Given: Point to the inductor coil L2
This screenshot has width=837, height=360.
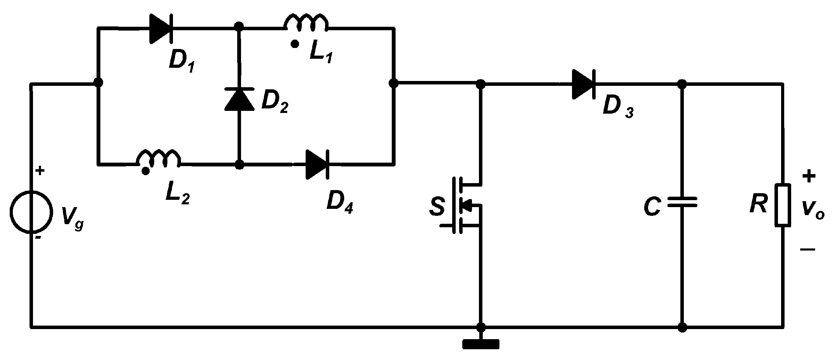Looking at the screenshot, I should click(159, 158).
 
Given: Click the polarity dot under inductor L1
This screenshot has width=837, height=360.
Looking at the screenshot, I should click(295, 44).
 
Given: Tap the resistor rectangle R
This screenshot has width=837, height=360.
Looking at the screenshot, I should click(783, 205).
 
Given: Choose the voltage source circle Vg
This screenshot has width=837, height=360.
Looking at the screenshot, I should click(31, 211).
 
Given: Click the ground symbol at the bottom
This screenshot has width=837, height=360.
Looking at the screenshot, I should click(481, 344).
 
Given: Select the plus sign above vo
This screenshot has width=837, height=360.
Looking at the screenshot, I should click(809, 176).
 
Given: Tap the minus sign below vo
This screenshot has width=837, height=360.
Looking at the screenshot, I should click(807, 249).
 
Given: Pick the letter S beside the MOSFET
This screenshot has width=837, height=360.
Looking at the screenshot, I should click(437, 207).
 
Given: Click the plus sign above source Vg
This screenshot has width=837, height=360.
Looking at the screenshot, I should click(40, 171).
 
